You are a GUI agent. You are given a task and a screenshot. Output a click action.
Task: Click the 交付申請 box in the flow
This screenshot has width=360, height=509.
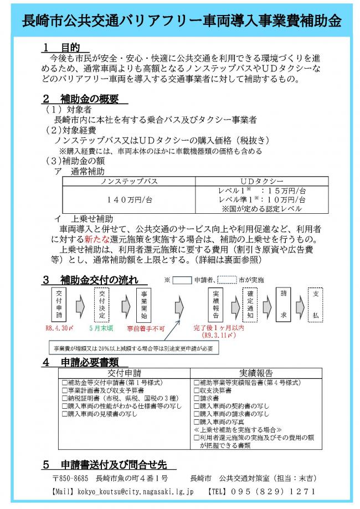click(59, 304)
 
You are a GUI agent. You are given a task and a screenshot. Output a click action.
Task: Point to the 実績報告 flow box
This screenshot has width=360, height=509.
click(215, 304)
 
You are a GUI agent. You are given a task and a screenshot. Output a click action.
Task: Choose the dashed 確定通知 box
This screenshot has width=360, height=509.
click(250, 304)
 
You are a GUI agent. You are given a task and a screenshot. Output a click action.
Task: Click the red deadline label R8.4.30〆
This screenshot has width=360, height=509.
click(59, 328)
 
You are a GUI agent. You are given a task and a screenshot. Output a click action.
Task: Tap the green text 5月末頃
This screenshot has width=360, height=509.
click(101, 328)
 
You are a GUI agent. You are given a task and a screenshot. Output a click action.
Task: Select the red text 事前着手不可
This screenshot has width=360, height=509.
click(146, 328)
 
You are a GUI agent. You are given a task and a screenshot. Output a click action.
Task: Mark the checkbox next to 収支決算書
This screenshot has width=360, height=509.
click(196, 390)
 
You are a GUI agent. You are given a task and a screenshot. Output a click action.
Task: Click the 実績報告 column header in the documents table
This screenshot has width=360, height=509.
click(256, 373)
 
